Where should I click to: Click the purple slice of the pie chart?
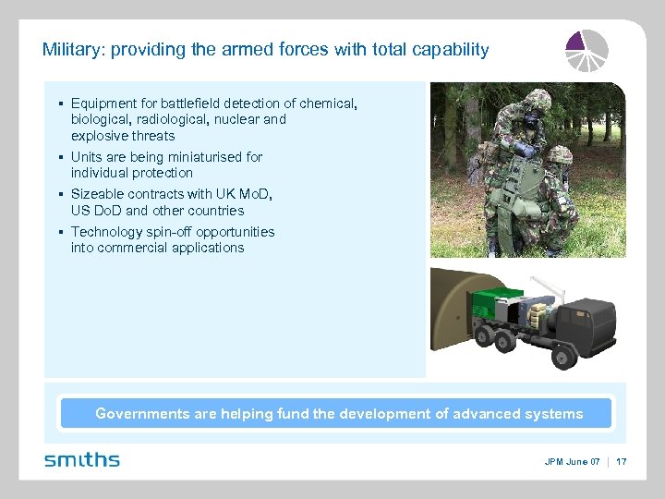point(577,41)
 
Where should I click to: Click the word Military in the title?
point(74,50)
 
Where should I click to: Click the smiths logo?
point(81,459)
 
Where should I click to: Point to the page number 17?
point(621,461)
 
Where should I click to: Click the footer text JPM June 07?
point(572,461)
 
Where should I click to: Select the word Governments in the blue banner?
point(142,413)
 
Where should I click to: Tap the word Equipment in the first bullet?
point(103,103)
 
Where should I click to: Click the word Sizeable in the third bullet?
point(97,194)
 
